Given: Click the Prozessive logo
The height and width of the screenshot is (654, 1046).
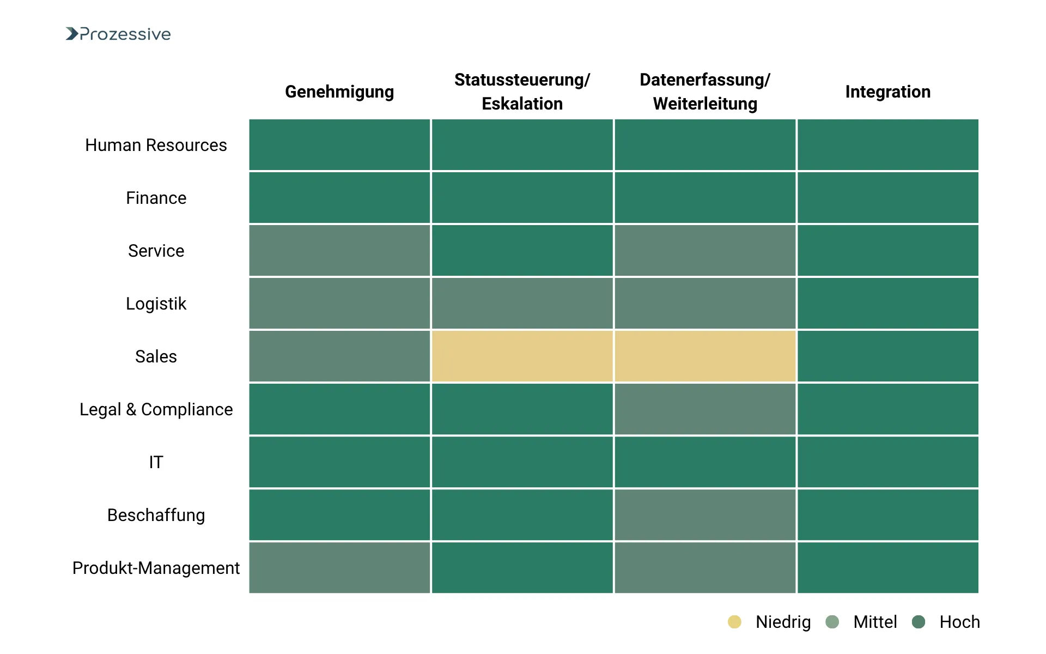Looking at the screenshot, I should click(118, 34).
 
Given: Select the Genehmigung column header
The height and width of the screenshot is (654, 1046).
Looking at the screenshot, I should click(339, 92).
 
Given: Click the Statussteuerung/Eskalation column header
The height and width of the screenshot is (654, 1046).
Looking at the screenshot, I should click(522, 92).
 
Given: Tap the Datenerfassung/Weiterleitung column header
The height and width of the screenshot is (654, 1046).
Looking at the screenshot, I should click(705, 92).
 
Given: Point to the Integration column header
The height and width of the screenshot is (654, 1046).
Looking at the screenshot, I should click(887, 92).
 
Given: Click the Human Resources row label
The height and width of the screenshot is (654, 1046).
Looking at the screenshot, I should click(156, 145).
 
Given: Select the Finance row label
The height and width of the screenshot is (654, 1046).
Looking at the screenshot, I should click(156, 198).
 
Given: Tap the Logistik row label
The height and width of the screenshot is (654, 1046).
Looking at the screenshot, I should click(156, 304).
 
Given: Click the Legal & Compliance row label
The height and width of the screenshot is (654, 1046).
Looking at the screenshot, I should click(156, 409).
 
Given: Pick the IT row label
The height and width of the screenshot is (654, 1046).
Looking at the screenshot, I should click(156, 462).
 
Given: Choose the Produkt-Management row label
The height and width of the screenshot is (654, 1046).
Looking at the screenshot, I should click(156, 568).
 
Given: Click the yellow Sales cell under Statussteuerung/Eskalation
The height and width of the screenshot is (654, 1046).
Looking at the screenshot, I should click(522, 356).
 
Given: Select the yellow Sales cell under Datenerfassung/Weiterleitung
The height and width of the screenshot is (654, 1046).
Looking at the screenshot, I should click(705, 356).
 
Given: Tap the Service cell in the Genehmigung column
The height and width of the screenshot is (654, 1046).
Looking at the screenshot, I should click(339, 251).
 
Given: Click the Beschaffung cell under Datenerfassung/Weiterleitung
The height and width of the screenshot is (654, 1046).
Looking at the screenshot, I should click(705, 515).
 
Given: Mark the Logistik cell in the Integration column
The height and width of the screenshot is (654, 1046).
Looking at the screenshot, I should click(887, 304).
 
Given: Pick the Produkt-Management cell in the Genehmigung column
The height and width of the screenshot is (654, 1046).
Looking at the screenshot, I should click(339, 568).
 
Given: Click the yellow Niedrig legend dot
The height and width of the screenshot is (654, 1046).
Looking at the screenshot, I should click(734, 622).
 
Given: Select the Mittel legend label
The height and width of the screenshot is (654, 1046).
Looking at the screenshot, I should click(874, 622).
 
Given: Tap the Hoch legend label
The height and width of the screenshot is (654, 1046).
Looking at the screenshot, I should click(959, 622).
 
